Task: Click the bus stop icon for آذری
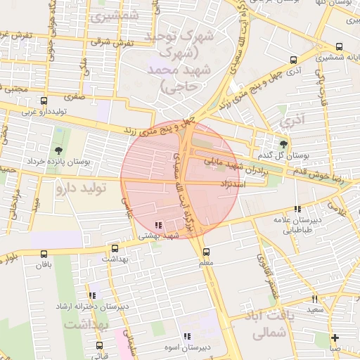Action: coord(294,60)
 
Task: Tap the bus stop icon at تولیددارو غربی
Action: coord(44,101)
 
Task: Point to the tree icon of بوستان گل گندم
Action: coord(283,143)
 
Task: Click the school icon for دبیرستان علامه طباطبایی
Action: coord(298,209)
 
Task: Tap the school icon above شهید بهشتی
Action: coord(158,225)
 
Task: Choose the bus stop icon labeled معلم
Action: coord(206,252)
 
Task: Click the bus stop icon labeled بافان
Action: coord(44,254)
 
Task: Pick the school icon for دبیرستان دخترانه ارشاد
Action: coord(92,296)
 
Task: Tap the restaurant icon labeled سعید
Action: coord(314,299)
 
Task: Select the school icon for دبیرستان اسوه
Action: coord(187,337)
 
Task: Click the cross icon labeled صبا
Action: coord(335,337)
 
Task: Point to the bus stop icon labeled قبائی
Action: coord(99,345)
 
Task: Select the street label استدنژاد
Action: coord(251,184)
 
